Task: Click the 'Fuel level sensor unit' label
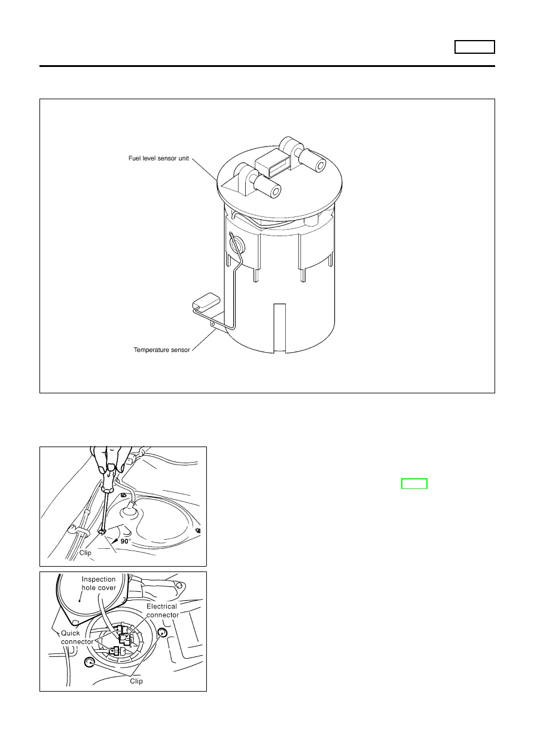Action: [x=159, y=158]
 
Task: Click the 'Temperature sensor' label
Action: [x=162, y=350]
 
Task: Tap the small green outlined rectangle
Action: [x=414, y=484]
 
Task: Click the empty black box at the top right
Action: [x=475, y=47]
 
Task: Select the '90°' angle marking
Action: [x=126, y=542]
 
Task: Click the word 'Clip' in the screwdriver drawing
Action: [x=86, y=553]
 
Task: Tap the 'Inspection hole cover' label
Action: [x=99, y=583]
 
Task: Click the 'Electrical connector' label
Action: [x=162, y=610]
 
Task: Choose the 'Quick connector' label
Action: [x=77, y=637]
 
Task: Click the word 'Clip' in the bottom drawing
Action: [x=136, y=681]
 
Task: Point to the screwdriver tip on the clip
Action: [x=102, y=531]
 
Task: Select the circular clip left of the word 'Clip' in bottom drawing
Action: [x=89, y=663]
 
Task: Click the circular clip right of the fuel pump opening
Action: [x=163, y=632]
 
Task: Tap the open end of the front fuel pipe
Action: [x=276, y=191]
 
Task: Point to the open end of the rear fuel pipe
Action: [x=321, y=165]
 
